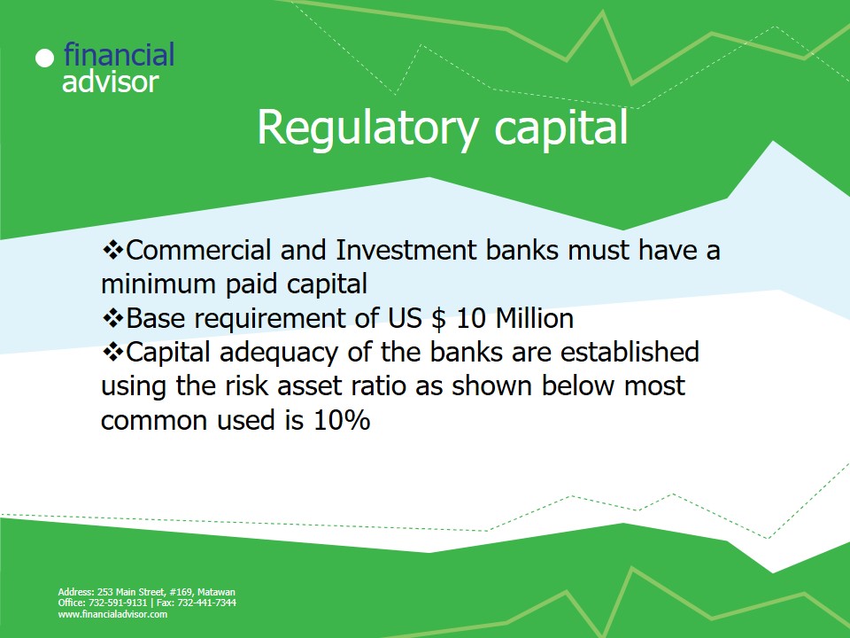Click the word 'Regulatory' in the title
(367, 128)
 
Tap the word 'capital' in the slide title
(561, 128)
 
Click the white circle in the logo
(45, 58)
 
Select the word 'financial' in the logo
(119, 54)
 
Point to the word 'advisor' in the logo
(110, 82)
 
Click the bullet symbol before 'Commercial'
(112, 250)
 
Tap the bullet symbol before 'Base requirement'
(112, 318)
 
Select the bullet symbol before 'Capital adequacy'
(112, 352)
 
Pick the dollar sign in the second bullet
(439, 318)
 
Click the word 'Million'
(535, 318)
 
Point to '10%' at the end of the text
(342, 420)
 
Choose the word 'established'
(630, 352)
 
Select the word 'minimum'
(158, 284)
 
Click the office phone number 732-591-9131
(118, 603)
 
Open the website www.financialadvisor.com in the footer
(112, 614)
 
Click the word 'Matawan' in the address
(216, 592)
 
